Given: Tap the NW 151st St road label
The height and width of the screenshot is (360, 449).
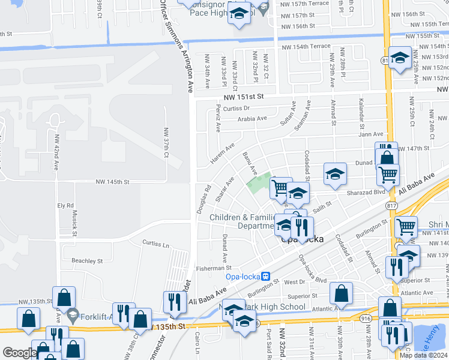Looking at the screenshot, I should [x=245, y=98].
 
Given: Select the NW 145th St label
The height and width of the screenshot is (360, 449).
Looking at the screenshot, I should [x=113, y=182].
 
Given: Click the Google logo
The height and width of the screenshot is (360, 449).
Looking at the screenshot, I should [x=20, y=353].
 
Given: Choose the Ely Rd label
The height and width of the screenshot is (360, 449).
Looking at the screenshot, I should [x=65, y=205].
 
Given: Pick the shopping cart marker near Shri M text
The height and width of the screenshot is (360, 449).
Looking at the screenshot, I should [x=406, y=227].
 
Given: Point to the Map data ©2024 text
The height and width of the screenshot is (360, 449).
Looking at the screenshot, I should [x=423, y=355].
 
